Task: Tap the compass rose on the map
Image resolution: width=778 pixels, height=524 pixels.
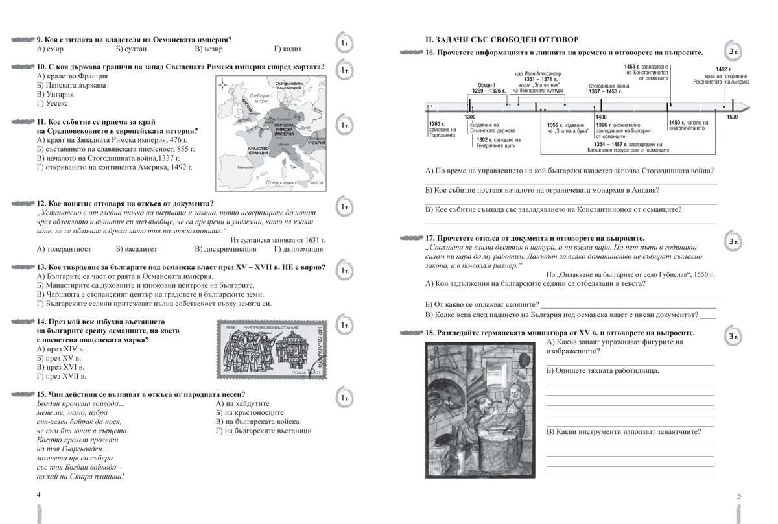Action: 224,84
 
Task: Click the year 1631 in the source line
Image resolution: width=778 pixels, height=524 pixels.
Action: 313,239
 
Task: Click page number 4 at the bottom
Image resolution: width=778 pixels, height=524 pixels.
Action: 40,496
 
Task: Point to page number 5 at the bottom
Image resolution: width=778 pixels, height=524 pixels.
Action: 739,497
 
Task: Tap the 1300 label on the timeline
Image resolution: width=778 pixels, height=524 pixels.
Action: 470,117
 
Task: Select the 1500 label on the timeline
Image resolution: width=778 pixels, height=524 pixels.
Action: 732,117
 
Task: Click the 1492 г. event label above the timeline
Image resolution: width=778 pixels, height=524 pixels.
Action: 724,69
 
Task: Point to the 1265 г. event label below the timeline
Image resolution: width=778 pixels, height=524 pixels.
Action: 438,123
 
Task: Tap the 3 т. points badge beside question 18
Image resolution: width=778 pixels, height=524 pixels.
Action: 733,336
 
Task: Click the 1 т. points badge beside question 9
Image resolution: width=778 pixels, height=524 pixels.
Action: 344,43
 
